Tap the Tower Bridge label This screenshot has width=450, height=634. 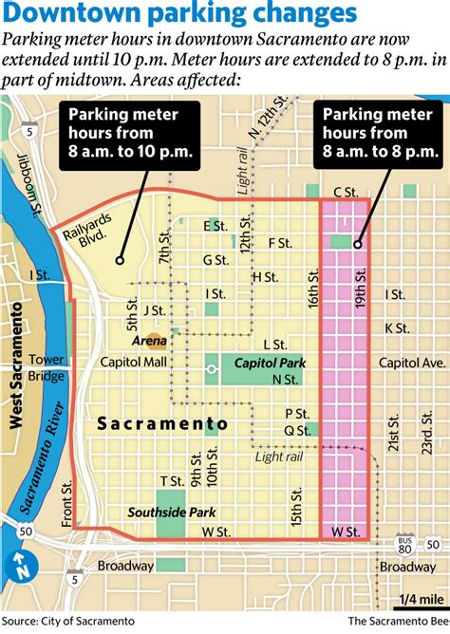click(x=46, y=367)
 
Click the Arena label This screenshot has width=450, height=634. click(x=149, y=340)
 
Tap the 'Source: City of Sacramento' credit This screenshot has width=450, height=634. click(x=68, y=621)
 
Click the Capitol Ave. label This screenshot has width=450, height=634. click(x=412, y=363)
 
